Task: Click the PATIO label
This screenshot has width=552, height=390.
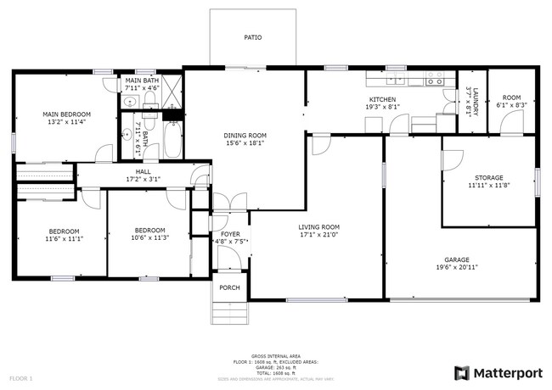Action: [x=252, y=38]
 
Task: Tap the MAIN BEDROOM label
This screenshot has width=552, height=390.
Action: [x=66, y=114]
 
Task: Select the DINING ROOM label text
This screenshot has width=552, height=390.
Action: [x=245, y=136]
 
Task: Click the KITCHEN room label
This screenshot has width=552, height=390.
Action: [x=382, y=99]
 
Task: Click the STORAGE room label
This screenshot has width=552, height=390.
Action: [x=488, y=178]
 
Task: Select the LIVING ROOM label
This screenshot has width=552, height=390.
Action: [x=318, y=226]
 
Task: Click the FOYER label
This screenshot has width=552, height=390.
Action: [x=230, y=234]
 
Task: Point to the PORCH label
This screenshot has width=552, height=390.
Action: [x=229, y=288]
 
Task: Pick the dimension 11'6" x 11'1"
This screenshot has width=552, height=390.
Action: [x=64, y=239]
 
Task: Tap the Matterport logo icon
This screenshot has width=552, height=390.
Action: [x=462, y=372]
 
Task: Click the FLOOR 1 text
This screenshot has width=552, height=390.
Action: [x=20, y=377]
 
